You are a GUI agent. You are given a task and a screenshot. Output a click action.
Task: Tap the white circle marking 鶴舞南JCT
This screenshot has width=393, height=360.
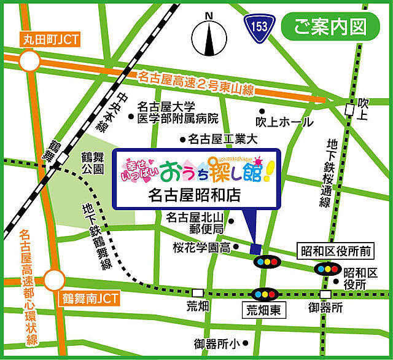pyautogui.click(x=53, y=280)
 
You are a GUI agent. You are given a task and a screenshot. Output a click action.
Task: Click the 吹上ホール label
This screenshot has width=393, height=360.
pyautogui.click(x=284, y=122)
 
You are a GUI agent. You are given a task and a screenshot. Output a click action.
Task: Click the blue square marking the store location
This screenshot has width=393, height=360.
pyautogui.click(x=255, y=249)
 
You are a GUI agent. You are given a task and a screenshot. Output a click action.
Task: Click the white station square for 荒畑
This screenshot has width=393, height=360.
pyautogui.click(x=197, y=293)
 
